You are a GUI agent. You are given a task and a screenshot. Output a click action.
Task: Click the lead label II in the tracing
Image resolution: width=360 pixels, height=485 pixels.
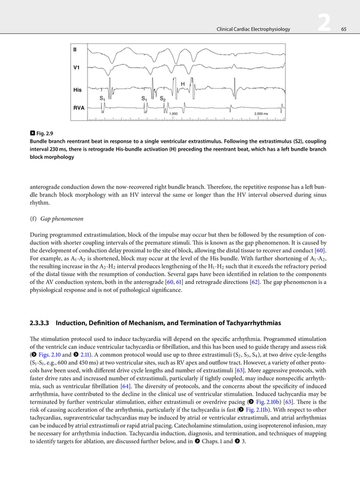[75, 50]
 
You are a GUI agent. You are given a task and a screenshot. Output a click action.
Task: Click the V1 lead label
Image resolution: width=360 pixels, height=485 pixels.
[76, 68]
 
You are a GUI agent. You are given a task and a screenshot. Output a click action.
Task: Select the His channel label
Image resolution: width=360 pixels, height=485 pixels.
[77, 90]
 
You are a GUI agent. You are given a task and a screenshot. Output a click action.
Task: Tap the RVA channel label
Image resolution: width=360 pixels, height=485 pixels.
[78, 106]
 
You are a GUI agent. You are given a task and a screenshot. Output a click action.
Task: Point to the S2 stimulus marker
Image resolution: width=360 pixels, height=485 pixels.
[163, 98]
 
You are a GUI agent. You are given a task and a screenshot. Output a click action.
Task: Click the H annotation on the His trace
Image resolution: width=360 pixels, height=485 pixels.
[183, 84]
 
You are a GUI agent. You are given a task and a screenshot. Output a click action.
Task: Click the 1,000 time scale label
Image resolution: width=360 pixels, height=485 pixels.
[174, 114]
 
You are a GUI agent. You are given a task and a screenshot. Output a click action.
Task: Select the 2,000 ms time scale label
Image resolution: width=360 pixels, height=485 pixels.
[261, 114]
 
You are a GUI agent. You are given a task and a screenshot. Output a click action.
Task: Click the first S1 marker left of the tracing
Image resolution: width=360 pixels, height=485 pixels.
[102, 98]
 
